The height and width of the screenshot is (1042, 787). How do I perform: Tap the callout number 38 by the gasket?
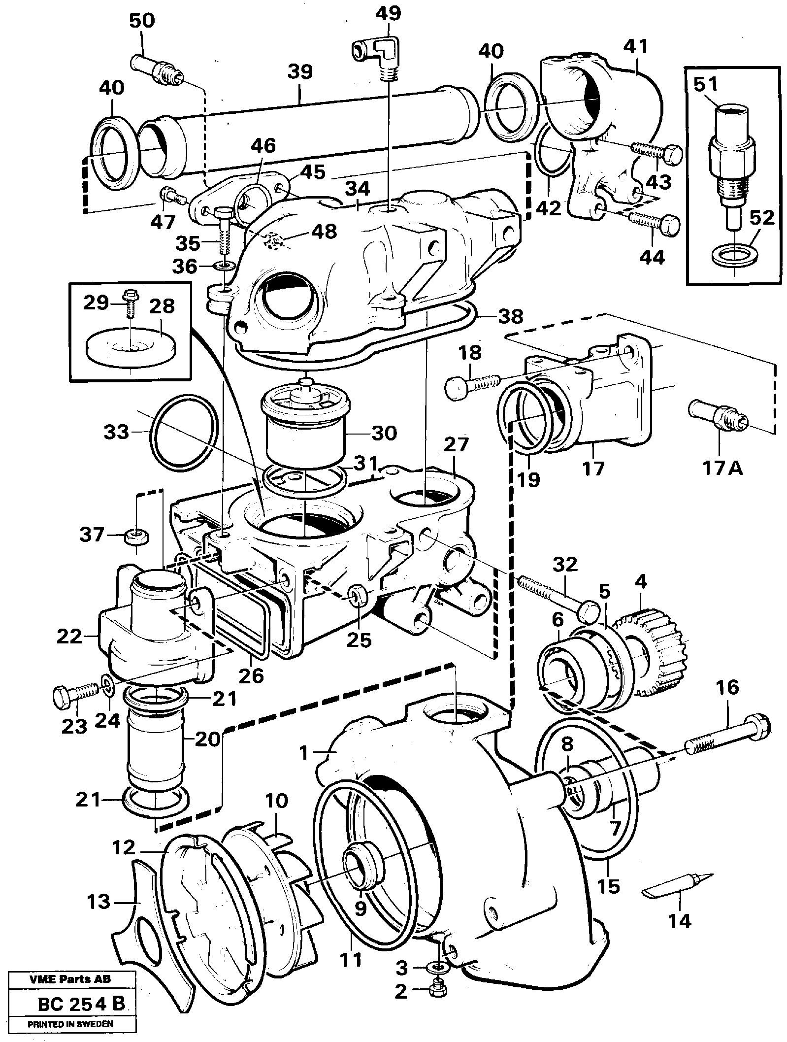(x=510, y=316)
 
